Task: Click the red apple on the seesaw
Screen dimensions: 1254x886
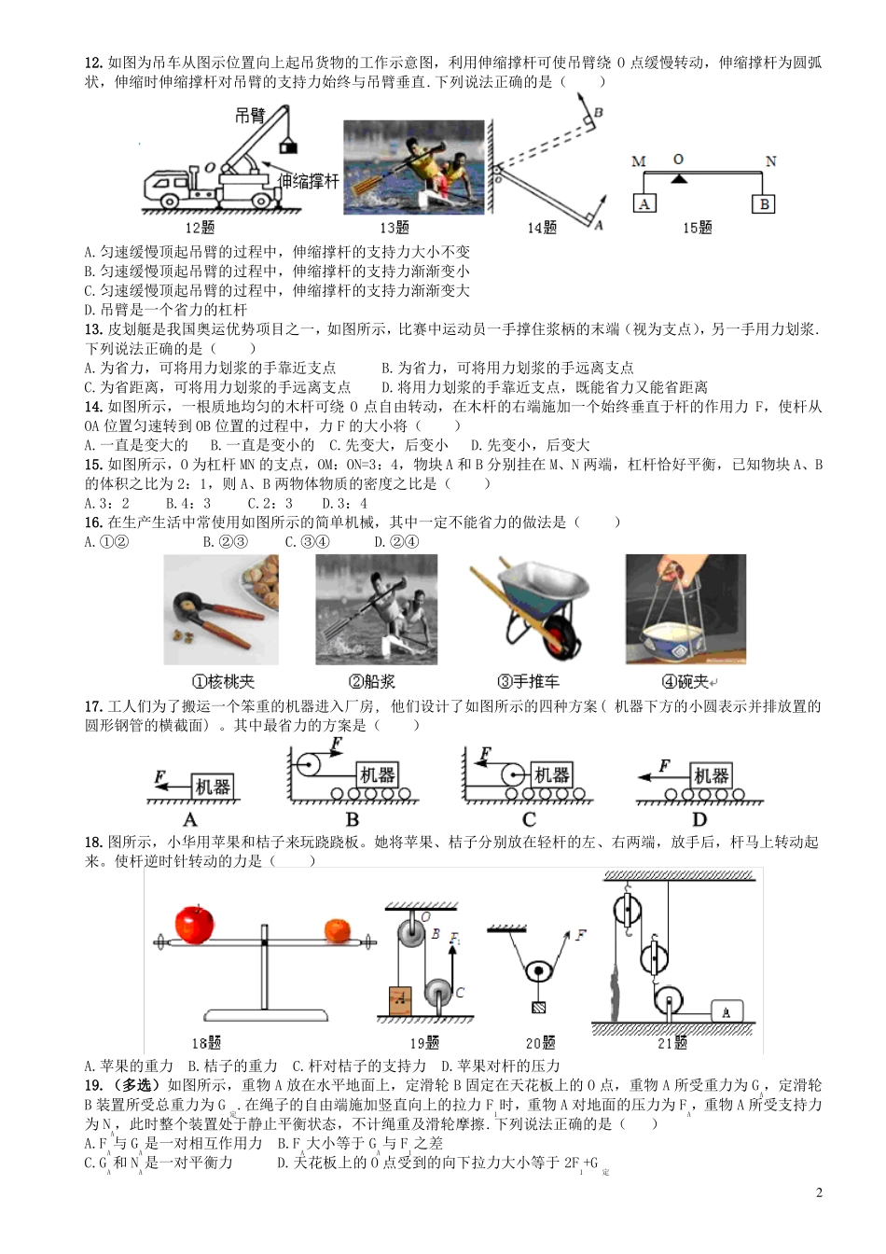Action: point(195,924)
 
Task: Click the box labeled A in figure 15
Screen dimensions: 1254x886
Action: point(644,203)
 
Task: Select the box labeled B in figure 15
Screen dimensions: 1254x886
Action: point(764,203)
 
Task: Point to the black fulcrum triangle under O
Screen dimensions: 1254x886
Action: point(679,177)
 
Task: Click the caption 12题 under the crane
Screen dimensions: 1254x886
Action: point(200,228)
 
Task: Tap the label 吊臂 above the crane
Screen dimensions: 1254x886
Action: point(249,116)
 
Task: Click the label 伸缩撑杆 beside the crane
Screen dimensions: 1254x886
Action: point(309,181)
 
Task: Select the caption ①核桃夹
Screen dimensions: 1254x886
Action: point(222,682)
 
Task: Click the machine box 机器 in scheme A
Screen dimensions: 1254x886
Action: point(213,787)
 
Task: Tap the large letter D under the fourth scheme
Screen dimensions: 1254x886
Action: point(699,819)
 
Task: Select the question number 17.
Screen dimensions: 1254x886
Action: point(92,706)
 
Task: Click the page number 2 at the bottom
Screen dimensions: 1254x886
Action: point(819,1192)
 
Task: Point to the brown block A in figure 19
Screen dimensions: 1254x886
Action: point(399,999)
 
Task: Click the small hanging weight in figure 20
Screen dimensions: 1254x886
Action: point(538,1007)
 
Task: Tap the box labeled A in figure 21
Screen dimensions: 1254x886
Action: point(726,1010)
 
